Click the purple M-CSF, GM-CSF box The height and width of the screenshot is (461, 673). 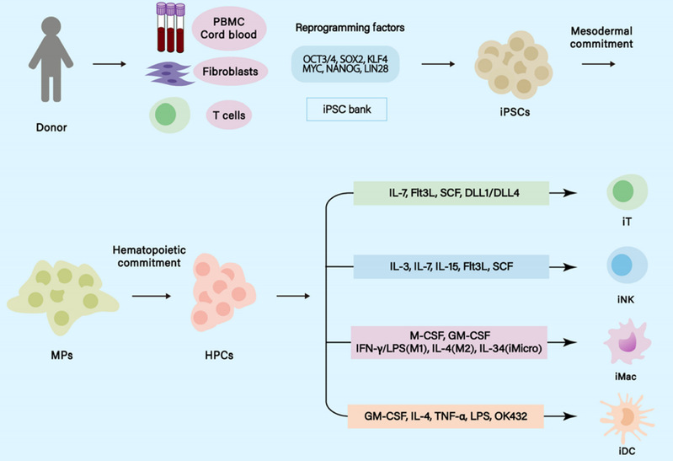(451, 342)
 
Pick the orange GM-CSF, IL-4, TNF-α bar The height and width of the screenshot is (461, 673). (451, 415)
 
